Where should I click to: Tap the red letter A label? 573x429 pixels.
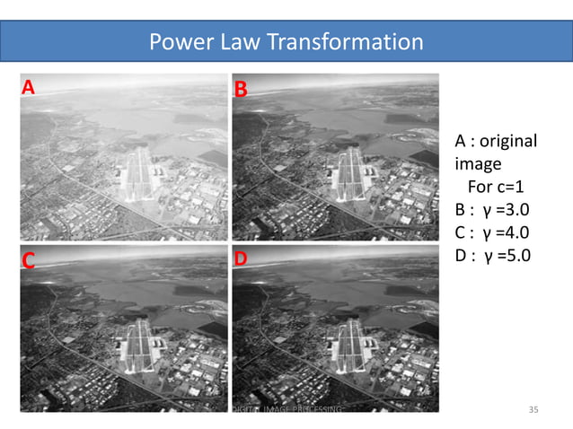tap(29, 87)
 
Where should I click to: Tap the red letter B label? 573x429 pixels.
tap(241, 89)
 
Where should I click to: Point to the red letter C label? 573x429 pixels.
tap(29, 260)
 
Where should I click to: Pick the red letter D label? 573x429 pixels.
tap(241, 259)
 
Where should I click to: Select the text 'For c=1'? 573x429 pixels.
tap(496, 188)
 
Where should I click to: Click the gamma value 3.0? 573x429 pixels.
tap(515, 211)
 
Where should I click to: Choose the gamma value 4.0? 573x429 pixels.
tap(515, 233)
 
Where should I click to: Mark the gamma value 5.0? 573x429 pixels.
tap(515, 256)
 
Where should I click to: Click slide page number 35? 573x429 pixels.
tap(533, 410)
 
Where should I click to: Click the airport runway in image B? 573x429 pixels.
tap(348, 169)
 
